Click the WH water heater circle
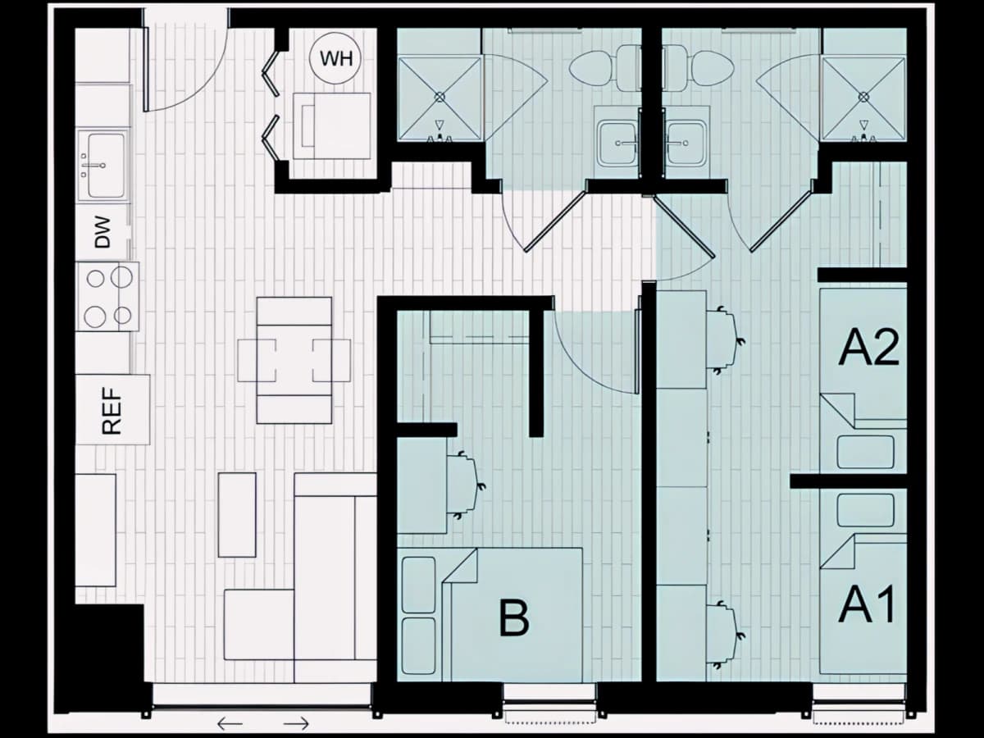335,59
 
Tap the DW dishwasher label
103,233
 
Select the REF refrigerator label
112,411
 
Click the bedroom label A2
868,349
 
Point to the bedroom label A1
867,604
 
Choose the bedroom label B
514,619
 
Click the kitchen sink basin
107,165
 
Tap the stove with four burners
107,297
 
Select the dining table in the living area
294,360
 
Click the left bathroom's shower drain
440,96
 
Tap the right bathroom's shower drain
863,96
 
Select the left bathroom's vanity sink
618,143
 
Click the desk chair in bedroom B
465,485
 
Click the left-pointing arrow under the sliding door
230,724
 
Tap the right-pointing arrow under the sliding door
296,724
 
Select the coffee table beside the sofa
237,515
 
